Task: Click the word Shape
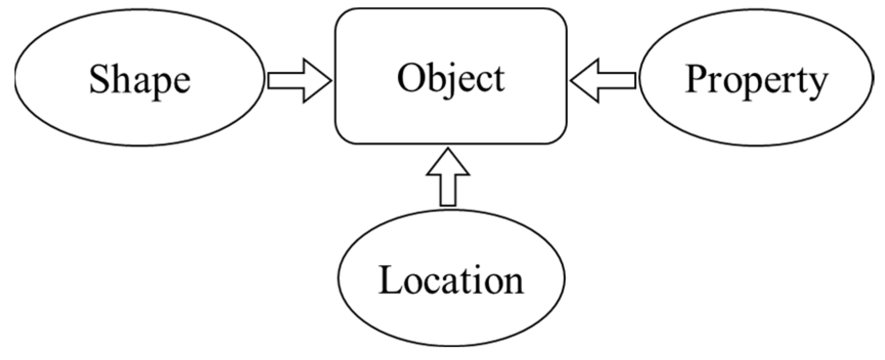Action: (140, 80)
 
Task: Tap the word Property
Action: (756, 80)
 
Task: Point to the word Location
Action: (451, 280)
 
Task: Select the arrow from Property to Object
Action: (604, 80)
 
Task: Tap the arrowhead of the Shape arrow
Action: (317, 80)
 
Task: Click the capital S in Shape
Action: (99, 79)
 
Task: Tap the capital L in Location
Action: (389, 280)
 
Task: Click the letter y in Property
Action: (817, 85)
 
